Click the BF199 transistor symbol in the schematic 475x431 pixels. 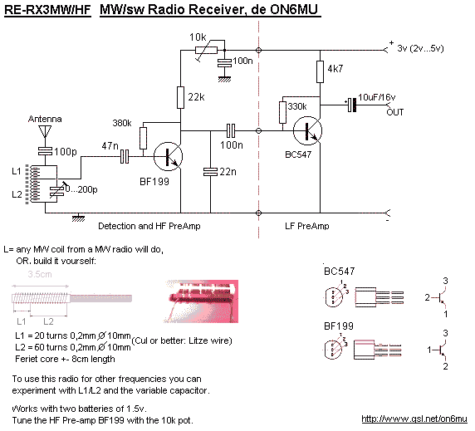point(168,157)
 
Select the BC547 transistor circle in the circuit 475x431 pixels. point(307,131)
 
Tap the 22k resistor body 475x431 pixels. point(180,97)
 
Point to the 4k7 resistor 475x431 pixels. point(320,71)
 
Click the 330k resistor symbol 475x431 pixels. point(282,112)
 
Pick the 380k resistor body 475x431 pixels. point(144,138)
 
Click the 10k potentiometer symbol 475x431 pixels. point(207,51)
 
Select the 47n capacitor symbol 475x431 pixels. point(125,157)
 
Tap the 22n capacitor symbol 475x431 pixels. point(211,172)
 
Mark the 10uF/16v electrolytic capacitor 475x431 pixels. point(351,105)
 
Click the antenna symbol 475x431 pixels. point(45,132)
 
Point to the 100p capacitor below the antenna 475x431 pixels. point(45,151)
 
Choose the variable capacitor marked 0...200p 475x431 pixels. point(57,191)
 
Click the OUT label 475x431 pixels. point(395,112)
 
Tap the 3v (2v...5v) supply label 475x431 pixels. point(420,48)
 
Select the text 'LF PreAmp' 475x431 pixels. point(307,226)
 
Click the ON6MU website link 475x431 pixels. point(414,419)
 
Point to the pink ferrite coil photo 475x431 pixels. point(200,301)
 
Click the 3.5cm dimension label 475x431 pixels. point(40,274)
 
